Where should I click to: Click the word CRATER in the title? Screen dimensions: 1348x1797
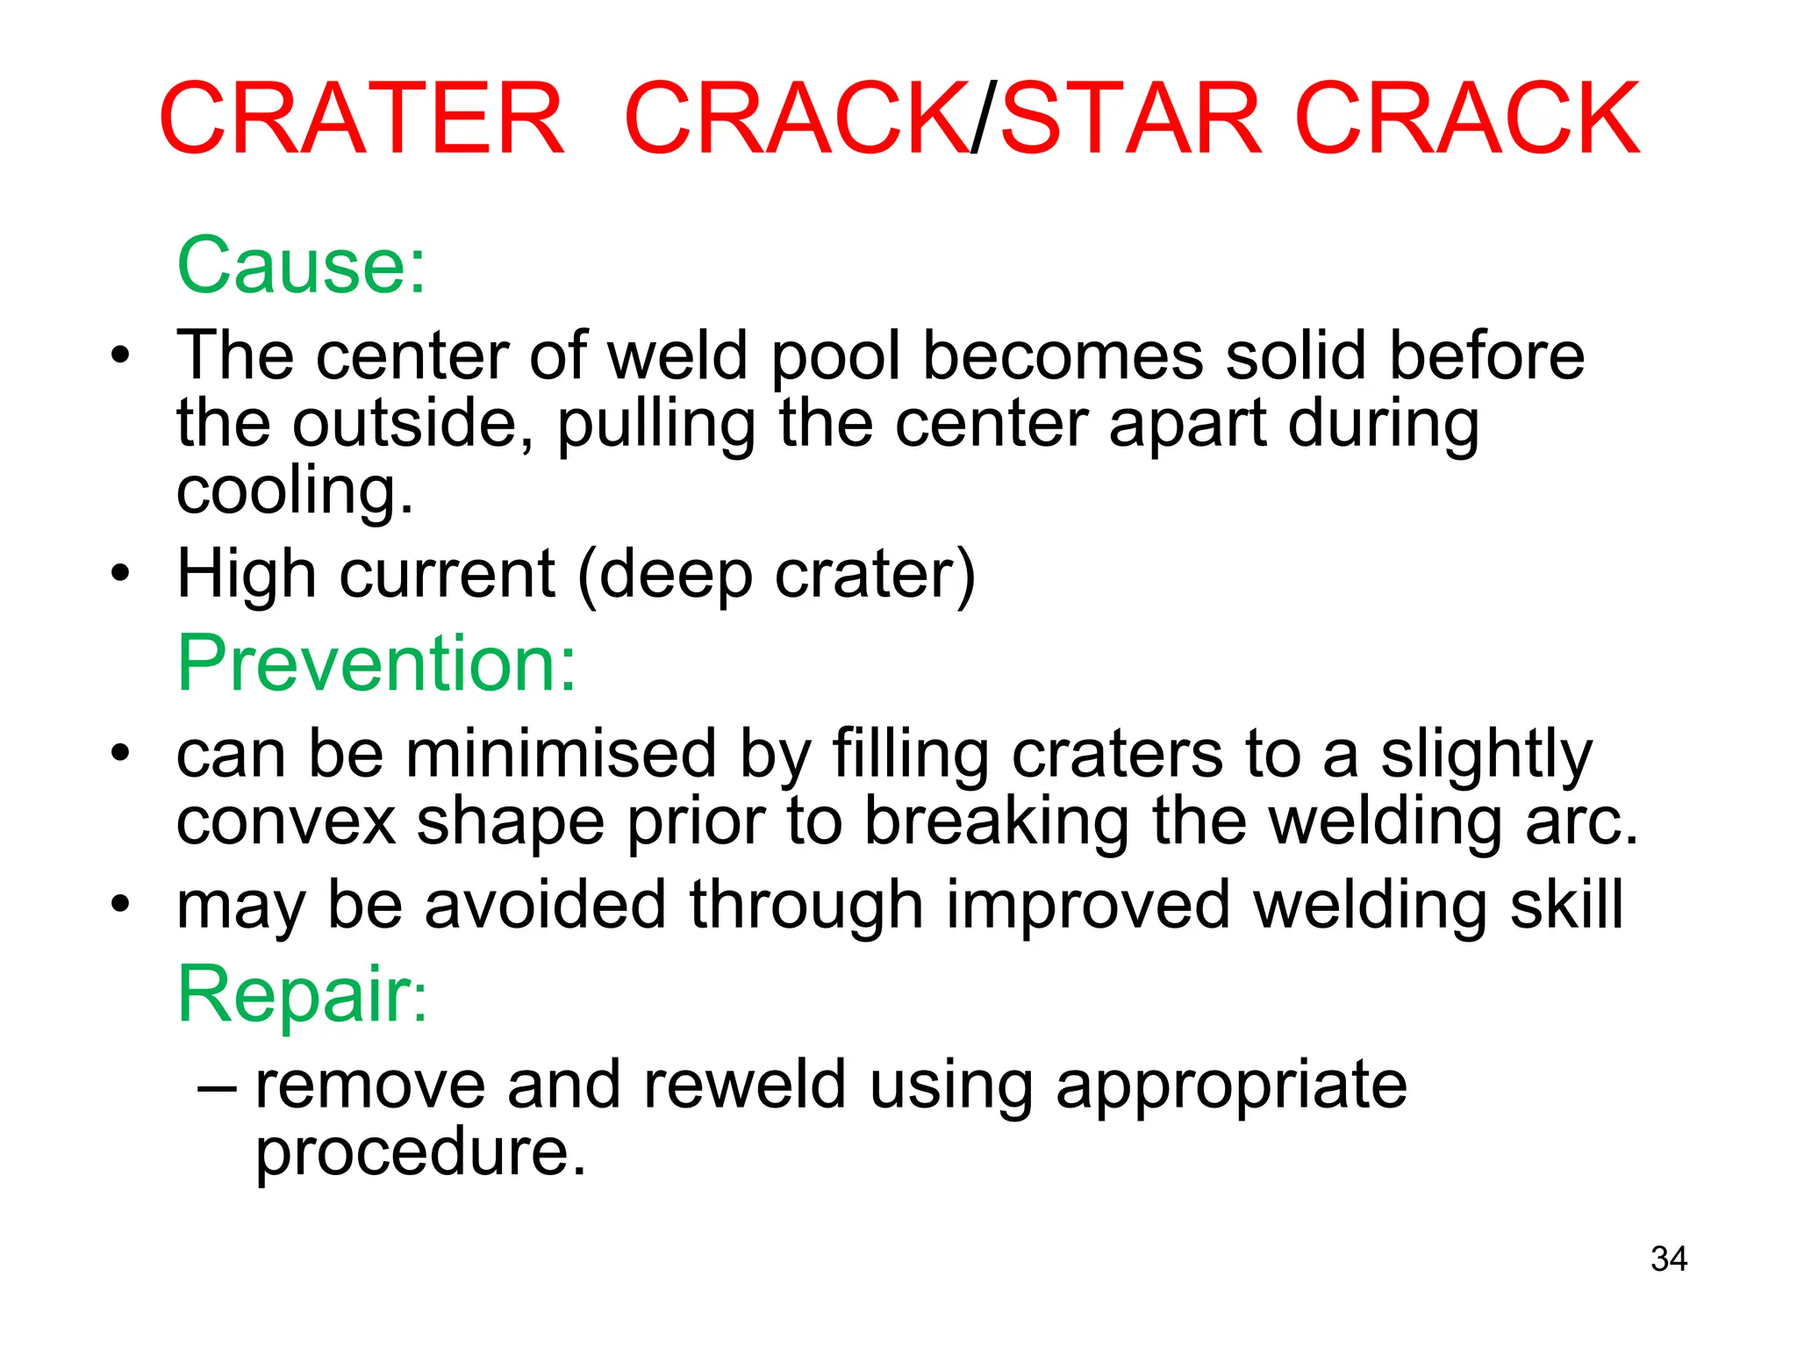(x=362, y=119)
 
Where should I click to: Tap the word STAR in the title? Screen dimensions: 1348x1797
(x=1132, y=119)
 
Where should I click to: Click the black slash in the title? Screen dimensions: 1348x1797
(x=984, y=119)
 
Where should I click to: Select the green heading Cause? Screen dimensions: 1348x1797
(x=301, y=265)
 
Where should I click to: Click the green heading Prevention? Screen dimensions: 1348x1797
(x=376, y=663)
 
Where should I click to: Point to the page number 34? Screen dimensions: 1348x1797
(x=1668, y=1259)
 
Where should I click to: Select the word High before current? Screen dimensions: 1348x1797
(x=247, y=574)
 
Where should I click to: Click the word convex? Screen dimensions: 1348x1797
(x=286, y=822)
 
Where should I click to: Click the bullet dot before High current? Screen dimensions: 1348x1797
(x=120, y=574)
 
